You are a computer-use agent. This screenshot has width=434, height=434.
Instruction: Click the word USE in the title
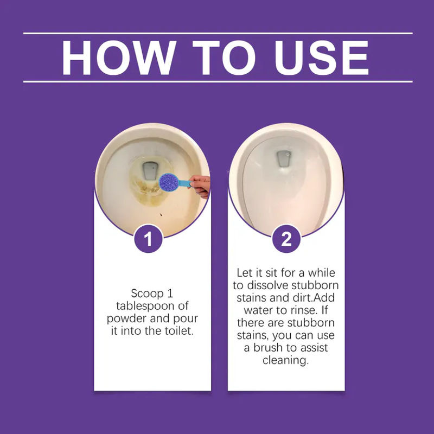click(322, 58)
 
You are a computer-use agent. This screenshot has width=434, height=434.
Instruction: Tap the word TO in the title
click(224, 58)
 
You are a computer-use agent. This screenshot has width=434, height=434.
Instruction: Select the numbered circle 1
click(148, 239)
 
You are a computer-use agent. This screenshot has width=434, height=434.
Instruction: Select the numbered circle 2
click(286, 239)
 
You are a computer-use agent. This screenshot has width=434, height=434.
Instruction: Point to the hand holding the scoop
click(200, 186)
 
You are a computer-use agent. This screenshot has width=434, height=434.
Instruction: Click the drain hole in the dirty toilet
click(150, 170)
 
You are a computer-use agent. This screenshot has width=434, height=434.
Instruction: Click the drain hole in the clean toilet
click(283, 158)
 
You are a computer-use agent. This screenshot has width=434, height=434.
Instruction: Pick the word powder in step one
click(126, 319)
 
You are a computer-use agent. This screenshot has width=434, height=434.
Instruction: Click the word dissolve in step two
click(267, 285)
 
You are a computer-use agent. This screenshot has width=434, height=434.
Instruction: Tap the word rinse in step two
click(304, 310)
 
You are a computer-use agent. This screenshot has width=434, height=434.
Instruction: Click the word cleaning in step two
click(285, 360)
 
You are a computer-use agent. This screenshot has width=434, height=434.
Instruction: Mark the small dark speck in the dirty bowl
click(161, 214)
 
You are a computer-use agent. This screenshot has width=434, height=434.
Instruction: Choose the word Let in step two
click(244, 273)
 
